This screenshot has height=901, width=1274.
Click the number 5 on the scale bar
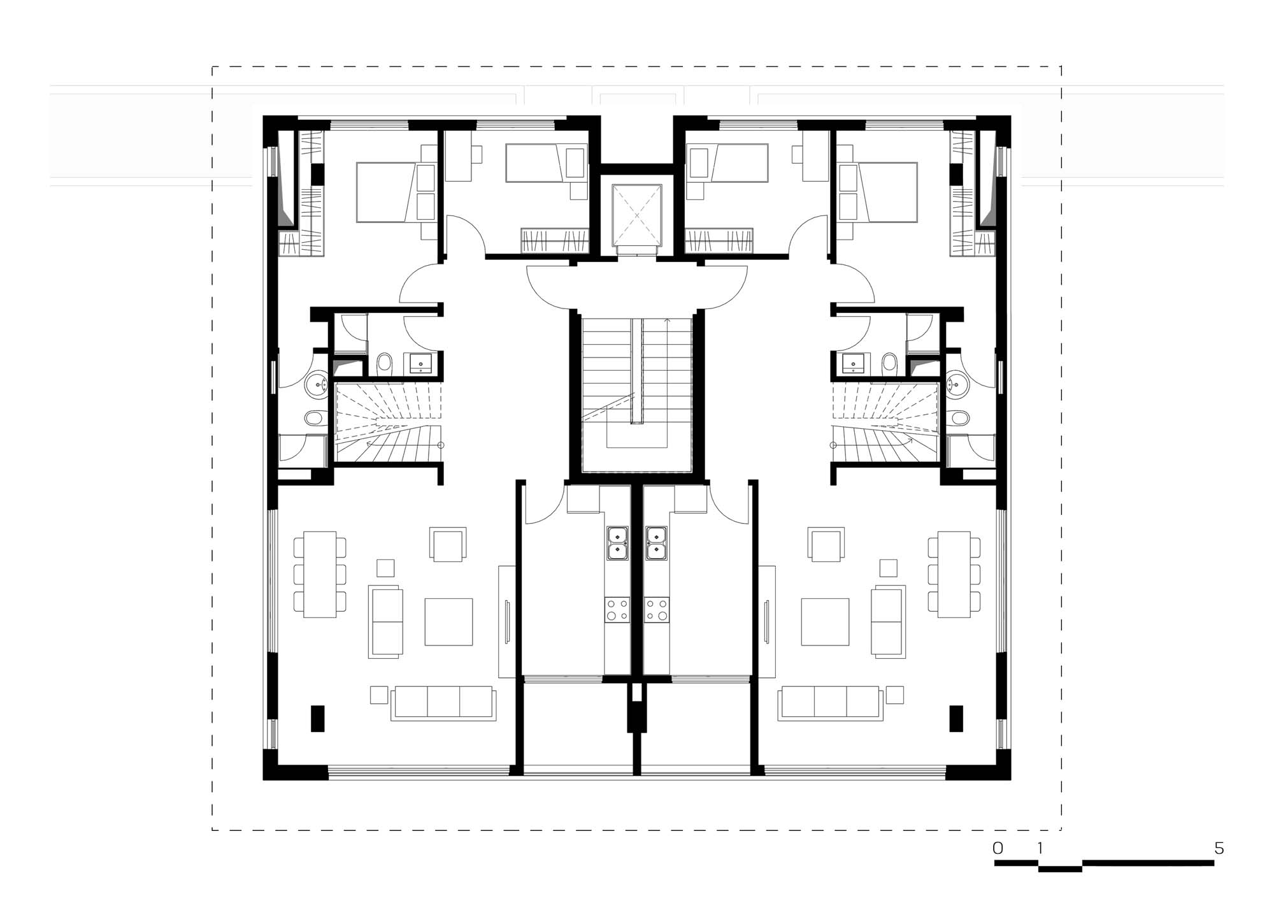(x=1219, y=848)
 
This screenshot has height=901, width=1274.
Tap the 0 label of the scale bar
(x=998, y=848)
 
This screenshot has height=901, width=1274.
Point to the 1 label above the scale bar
(x=1040, y=848)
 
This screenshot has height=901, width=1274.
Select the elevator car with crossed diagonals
(x=637, y=215)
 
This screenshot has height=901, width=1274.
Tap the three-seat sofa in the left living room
(x=443, y=703)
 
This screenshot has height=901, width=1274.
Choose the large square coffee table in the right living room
(x=825, y=622)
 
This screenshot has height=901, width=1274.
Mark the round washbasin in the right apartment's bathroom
(x=956, y=384)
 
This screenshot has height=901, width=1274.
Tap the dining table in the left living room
(x=320, y=574)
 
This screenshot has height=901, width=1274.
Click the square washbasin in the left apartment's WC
(x=420, y=364)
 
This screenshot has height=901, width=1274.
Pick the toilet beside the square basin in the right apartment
(x=889, y=364)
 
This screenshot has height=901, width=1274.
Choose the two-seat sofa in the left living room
(x=385, y=622)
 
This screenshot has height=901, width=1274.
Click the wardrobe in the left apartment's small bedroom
(x=555, y=240)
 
